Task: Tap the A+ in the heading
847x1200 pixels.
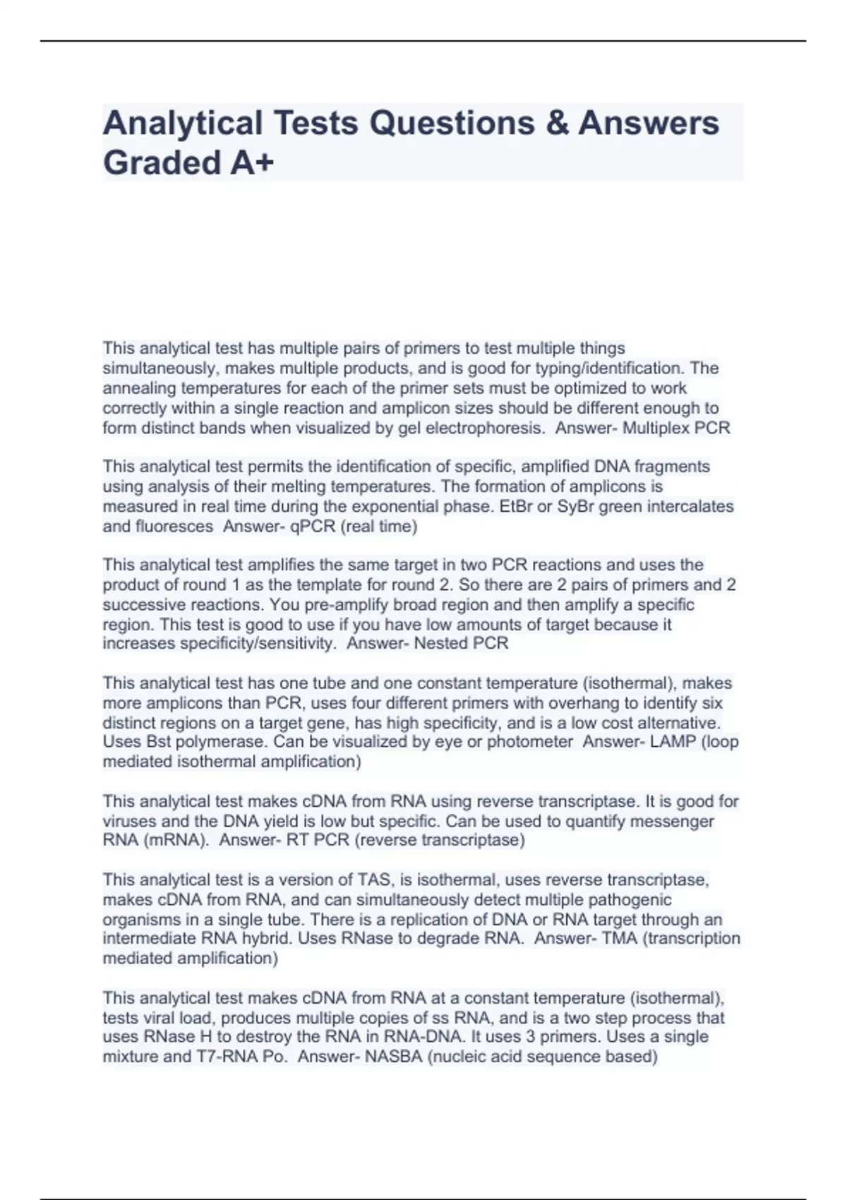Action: tap(251, 163)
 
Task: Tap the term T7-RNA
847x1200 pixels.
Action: tap(224, 1057)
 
